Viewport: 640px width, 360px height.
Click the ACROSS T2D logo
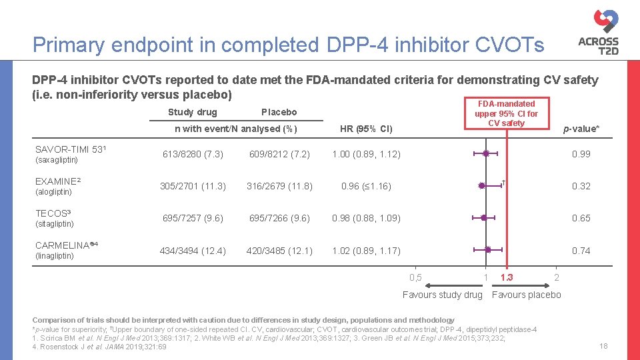598,32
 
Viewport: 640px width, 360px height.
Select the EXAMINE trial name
57,181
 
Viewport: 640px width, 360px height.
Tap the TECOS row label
53,213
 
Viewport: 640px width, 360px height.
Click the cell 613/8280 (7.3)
193,154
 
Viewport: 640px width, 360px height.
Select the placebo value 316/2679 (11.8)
279,186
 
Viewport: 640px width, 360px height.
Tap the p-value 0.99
581,154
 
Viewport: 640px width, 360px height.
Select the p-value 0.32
581,186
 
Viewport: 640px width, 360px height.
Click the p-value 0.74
581,251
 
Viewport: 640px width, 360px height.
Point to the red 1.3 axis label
506,277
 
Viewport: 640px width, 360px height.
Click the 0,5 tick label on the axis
415,277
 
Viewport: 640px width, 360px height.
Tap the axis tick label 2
557,277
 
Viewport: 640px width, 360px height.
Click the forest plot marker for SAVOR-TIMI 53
486,154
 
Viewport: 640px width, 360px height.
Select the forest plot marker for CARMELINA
487,250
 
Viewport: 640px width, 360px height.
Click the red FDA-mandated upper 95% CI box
506,113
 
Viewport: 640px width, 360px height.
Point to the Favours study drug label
442,295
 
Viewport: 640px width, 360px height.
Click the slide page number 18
604,345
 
